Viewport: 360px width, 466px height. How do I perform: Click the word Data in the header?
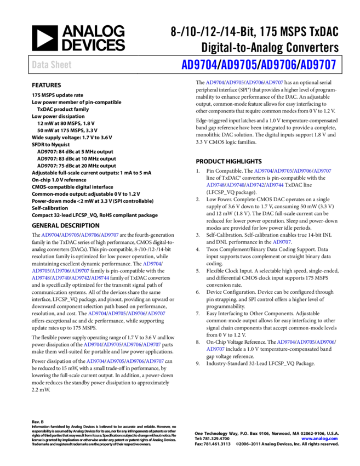pyautogui.click(x=39, y=65)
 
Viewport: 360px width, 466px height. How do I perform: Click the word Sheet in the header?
pyautogui.click(x=61, y=65)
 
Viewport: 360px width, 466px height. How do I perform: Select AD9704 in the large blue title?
pyautogui.click(x=199, y=65)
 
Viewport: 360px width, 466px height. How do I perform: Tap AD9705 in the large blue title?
pyautogui.click(x=239, y=65)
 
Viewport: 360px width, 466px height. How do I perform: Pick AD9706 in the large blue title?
pyautogui.click(x=278, y=65)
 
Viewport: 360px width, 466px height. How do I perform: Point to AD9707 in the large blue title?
pyautogui.click(x=318, y=65)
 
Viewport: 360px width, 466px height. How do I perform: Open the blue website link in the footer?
pyautogui.click(x=319, y=439)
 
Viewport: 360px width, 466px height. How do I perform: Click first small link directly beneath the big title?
pyautogui.click(x=215, y=83)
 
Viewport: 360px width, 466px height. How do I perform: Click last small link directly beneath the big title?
pyautogui.click(x=275, y=83)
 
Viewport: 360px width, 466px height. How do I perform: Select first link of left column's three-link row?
pyautogui.click(x=41, y=271)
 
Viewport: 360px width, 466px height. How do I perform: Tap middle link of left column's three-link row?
pyautogui.click(x=60, y=271)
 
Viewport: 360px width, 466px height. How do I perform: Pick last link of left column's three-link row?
pyautogui.click(x=81, y=271)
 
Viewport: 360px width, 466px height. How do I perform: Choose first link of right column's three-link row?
pyautogui.click(x=286, y=343)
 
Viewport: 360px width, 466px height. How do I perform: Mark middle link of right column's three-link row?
pyautogui.click(x=306, y=343)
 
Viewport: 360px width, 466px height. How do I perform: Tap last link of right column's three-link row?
pyautogui.click(x=325, y=343)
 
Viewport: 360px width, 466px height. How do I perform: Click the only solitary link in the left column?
pyautogui.click(x=152, y=264)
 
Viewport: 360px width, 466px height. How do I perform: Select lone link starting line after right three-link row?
pyautogui.click(x=215, y=349)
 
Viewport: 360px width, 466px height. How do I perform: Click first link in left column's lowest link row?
pyautogui.click(x=95, y=362)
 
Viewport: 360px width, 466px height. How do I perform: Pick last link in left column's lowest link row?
pyautogui.click(x=155, y=362)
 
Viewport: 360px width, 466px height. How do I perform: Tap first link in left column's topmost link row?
pyautogui.click(x=50, y=235)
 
